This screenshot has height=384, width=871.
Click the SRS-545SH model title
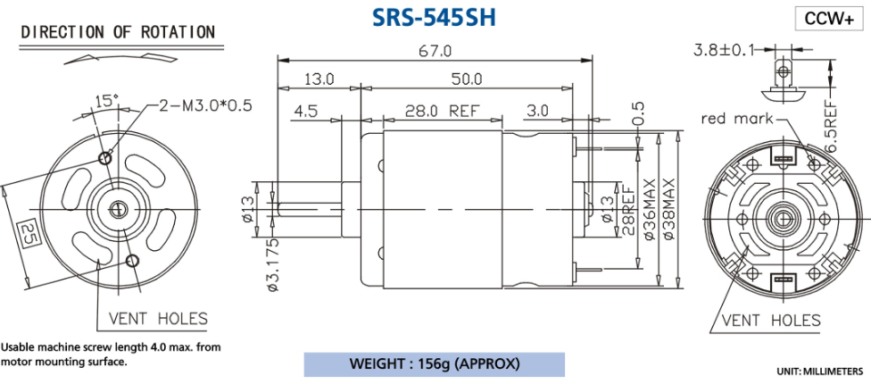click(434, 17)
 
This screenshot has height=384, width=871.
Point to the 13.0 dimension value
click(319, 79)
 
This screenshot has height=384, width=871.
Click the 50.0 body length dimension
click(466, 79)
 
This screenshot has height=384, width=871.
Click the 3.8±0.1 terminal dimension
click(724, 51)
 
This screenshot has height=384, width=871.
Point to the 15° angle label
click(106, 102)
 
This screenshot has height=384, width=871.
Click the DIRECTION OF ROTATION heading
click(118, 32)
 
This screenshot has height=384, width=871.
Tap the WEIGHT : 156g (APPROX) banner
click(435, 364)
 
